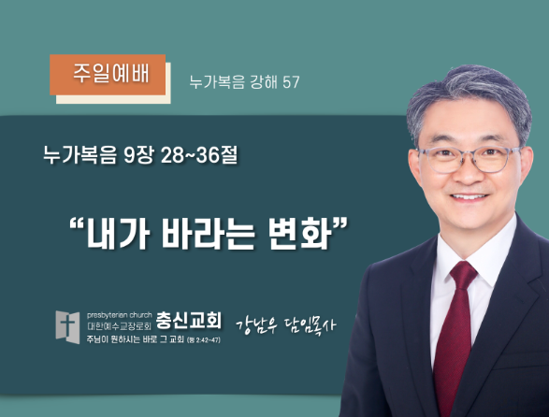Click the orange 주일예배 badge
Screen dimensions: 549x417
(108, 75)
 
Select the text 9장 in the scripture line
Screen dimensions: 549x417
(139, 155)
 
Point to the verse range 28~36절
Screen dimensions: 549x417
(199, 155)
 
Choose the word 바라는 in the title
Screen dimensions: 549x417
(208, 233)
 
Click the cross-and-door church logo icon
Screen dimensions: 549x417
(67, 327)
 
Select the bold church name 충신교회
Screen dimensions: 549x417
(188, 320)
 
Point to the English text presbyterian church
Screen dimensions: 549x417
(120, 315)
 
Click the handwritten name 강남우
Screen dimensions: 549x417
(256, 325)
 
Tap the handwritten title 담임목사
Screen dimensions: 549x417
(310, 325)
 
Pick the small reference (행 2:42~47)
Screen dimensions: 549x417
(204, 339)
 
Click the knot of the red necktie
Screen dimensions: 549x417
(463, 272)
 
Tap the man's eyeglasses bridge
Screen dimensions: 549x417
(470, 154)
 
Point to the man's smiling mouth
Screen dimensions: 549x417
(469, 196)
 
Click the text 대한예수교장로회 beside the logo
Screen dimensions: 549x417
(119, 327)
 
